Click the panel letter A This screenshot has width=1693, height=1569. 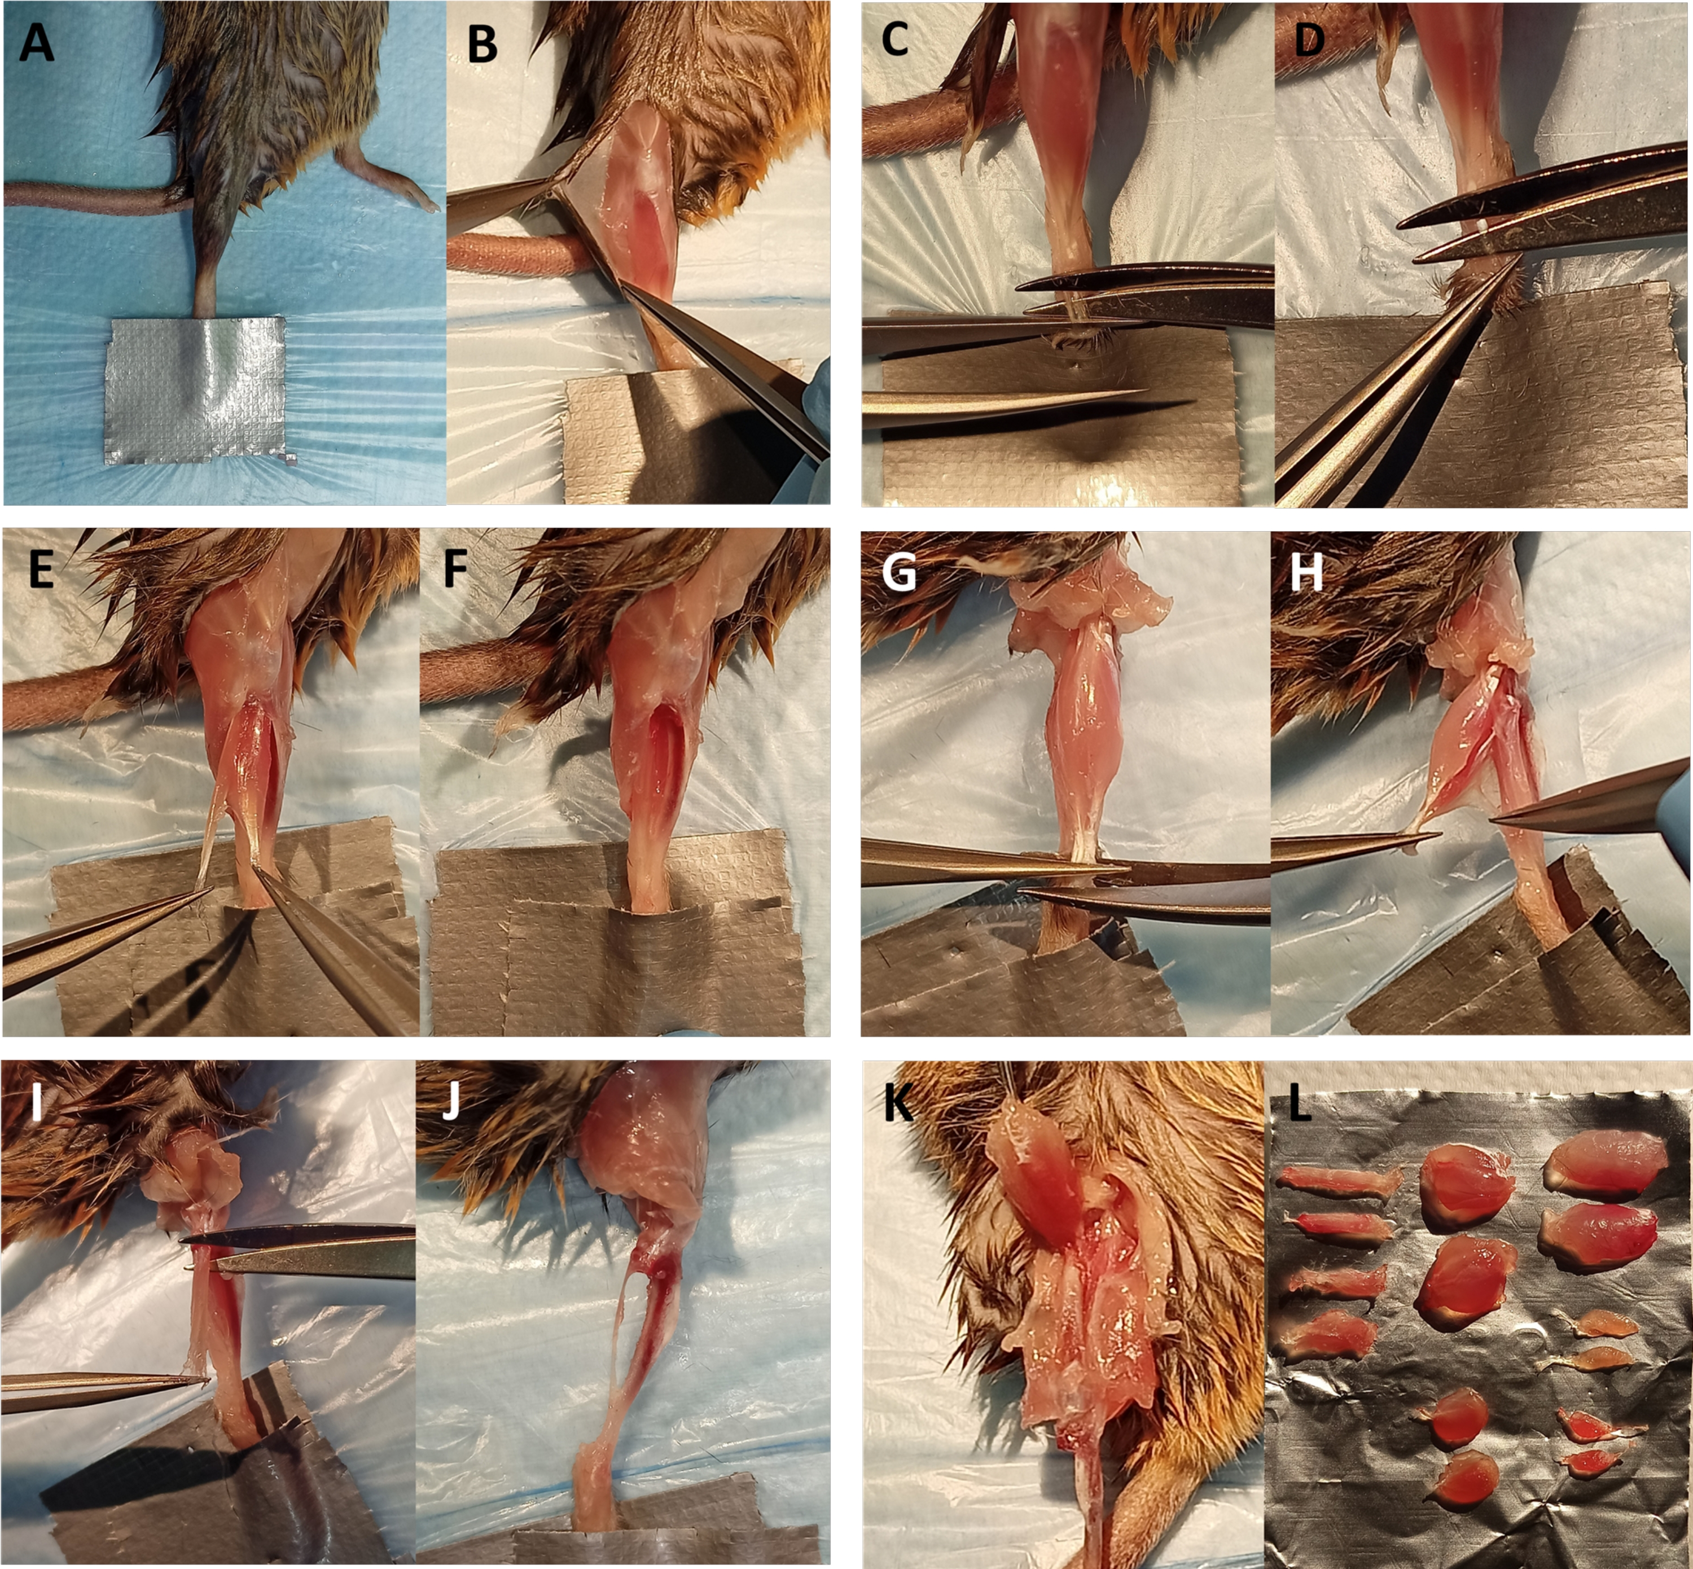coord(37,42)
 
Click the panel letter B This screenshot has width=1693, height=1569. coord(483,44)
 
